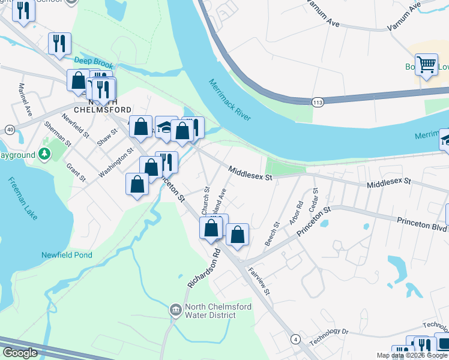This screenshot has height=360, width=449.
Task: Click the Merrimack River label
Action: coord(230,100)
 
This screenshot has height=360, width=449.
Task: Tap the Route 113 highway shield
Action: coord(318,103)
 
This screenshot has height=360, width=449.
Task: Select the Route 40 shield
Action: coord(10,129)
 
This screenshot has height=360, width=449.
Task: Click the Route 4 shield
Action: coord(295,339)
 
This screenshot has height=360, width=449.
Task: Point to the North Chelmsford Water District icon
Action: coord(175,310)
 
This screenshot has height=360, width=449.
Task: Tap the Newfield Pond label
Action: coord(67,255)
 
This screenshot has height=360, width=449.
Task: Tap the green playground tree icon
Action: coord(44,154)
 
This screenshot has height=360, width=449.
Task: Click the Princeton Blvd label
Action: coord(422,224)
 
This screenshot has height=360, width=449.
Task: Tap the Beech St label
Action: coord(272,234)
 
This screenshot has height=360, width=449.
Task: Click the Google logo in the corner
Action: coord(20,353)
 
